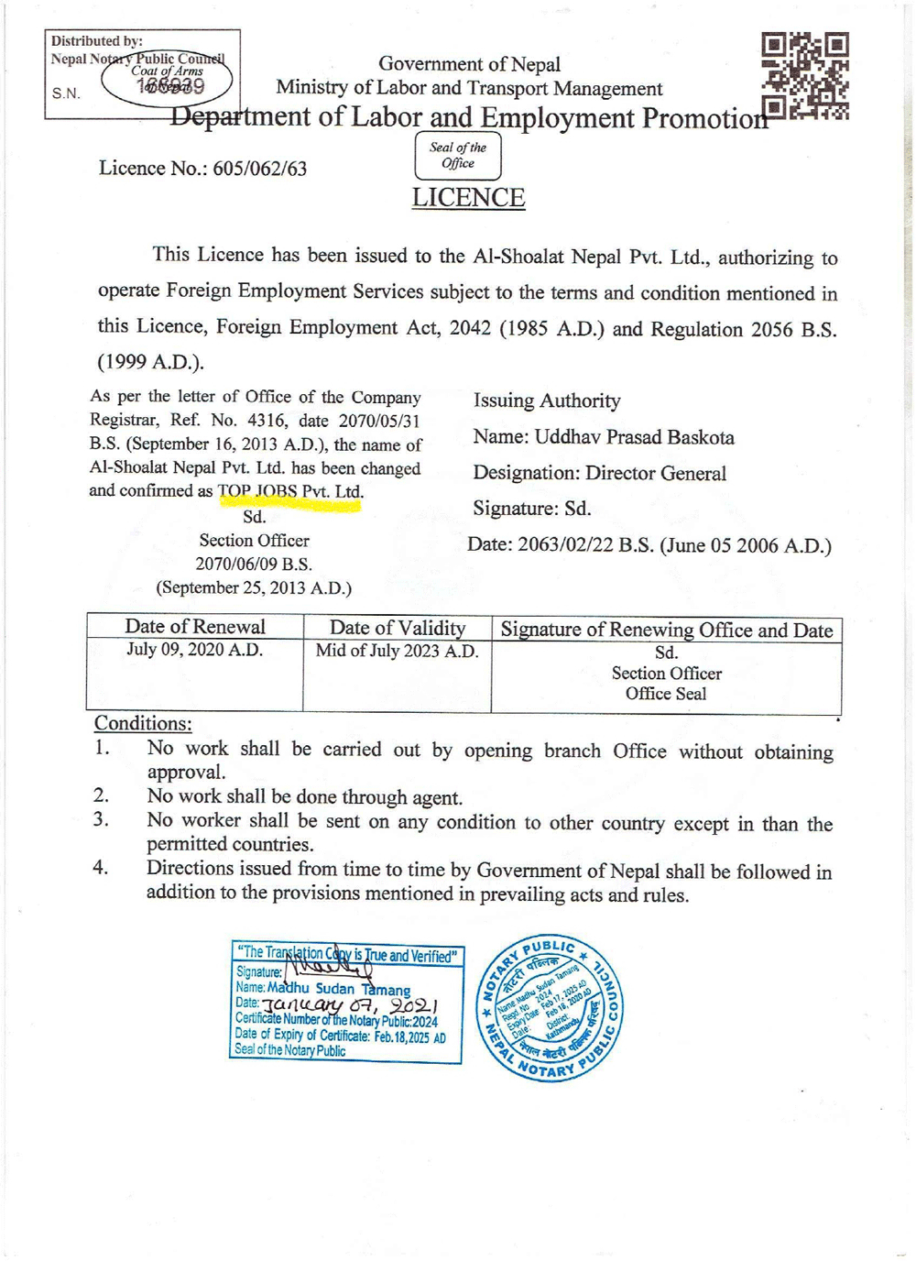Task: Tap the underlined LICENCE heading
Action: click(x=468, y=198)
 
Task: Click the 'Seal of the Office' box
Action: click(x=458, y=156)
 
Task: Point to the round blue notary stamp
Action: click(x=550, y=1008)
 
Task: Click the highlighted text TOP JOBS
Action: click(x=258, y=491)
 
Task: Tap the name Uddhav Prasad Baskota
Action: click(x=634, y=437)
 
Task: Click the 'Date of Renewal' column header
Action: click(x=195, y=627)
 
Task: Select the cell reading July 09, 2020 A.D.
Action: click(x=195, y=651)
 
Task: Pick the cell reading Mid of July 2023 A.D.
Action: click(x=397, y=652)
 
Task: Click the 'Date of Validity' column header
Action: click(x=398, y=628)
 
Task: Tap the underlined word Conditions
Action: click(x=143, y=723)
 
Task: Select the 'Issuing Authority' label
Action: click(x=547, y=400)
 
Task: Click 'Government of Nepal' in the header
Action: click(x=469, y=64)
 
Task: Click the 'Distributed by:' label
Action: click(x=97, y=41)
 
